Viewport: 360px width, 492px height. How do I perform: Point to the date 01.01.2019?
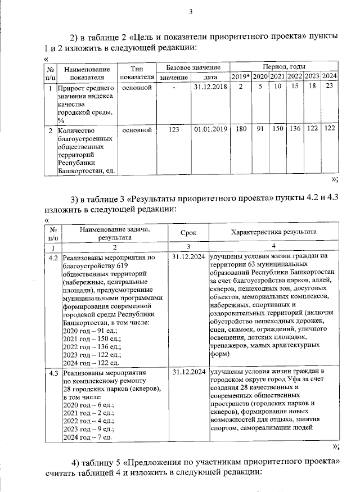pyautogui.click(x=209, y=130)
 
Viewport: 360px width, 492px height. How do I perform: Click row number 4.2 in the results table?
pyautogui.click(x=53, y=258)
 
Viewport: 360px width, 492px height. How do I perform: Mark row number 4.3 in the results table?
pyautogui.click(x=53, y=372)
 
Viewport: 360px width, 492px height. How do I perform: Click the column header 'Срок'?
pyautogui.click(x=188, y=232)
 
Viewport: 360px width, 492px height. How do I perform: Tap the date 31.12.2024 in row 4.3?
pyautogui.click(x=188, y=372)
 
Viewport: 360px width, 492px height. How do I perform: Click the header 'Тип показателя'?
pyautogui.click(x=137, y=71)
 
